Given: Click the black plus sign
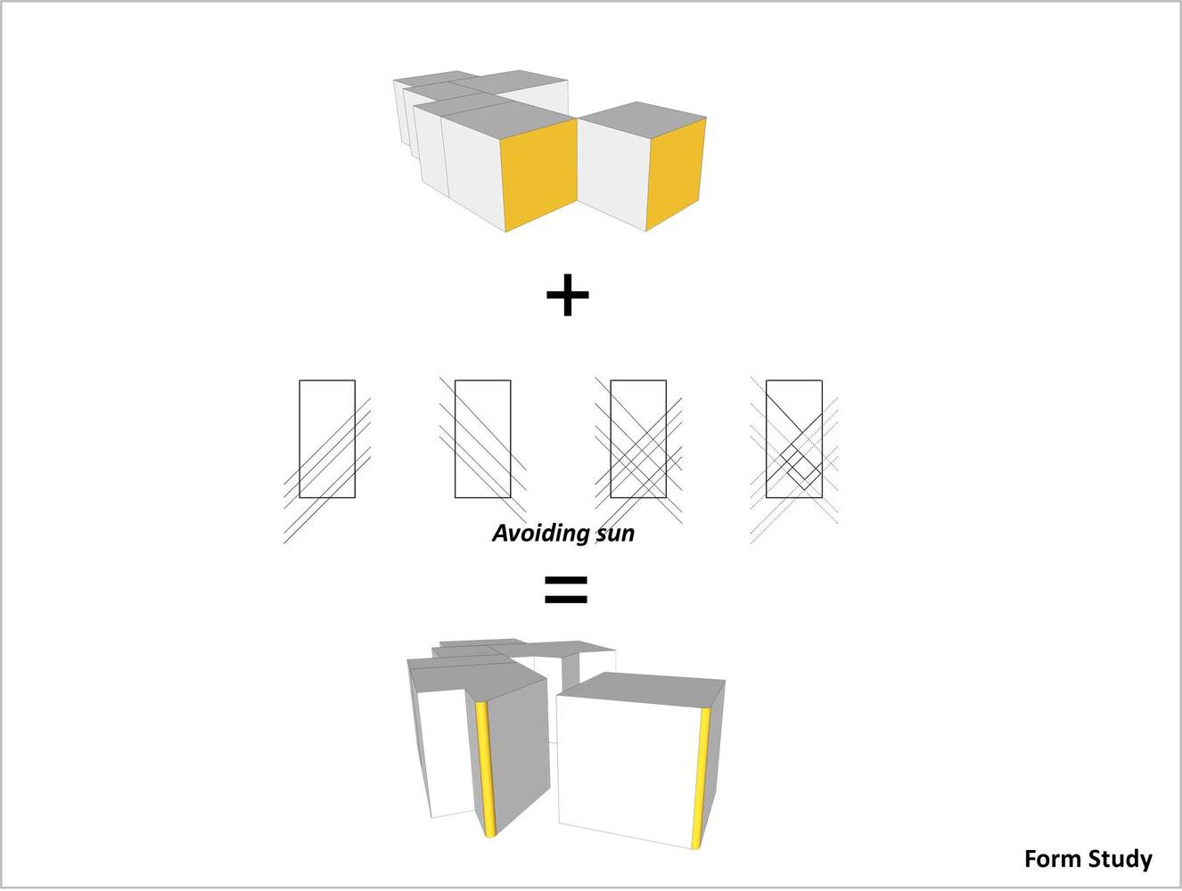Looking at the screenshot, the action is [568, 295].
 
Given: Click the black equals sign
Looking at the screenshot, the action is [566, 590].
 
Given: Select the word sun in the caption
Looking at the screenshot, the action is [614, 534].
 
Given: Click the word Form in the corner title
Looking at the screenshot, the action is [1052, 859].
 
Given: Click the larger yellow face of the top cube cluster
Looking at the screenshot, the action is [539, 174].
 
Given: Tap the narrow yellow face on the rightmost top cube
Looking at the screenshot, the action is [677, 174].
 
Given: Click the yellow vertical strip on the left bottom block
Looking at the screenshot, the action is [484, 770].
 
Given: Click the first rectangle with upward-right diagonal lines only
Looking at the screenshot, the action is [327, 439].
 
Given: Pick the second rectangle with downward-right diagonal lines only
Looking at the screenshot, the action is [482, 439].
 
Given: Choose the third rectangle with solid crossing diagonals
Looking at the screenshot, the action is [638, 439].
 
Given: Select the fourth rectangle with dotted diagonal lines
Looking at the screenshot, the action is [793, 439].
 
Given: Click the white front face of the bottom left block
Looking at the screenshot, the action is [447, 753].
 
